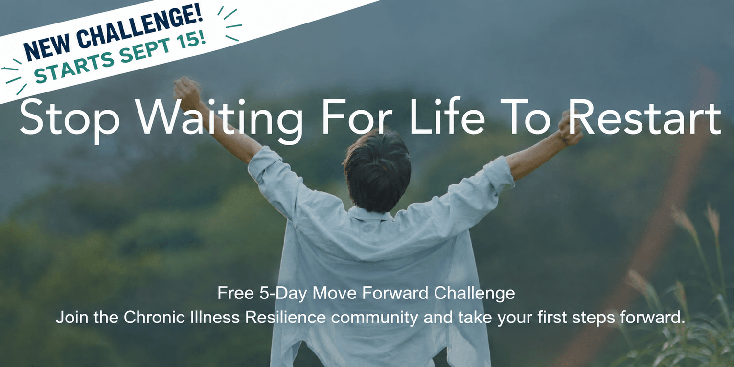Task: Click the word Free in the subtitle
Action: (x=235, y=293)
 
